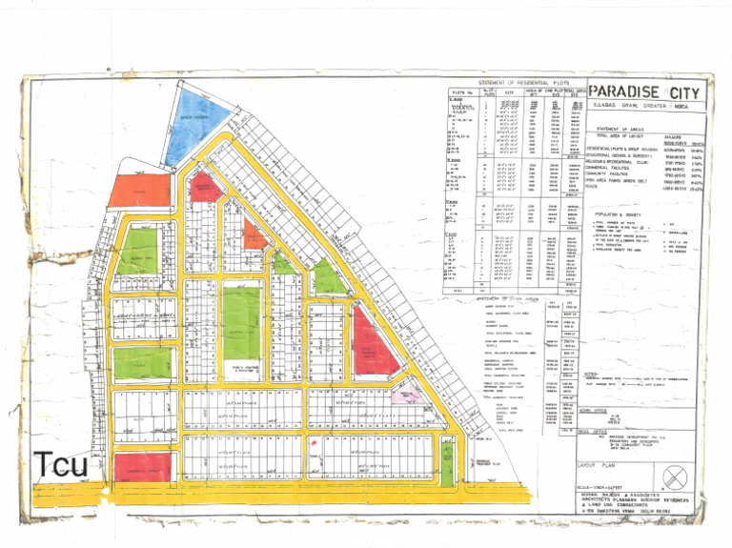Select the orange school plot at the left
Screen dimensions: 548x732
pos(139,191)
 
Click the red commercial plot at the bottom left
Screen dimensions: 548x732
pos(142,467)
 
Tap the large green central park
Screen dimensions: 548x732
pos(241,323)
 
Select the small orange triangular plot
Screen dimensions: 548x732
pos(254,235)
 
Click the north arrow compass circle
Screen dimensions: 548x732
pos(677,476)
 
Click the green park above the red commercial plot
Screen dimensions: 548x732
pos(142,362)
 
